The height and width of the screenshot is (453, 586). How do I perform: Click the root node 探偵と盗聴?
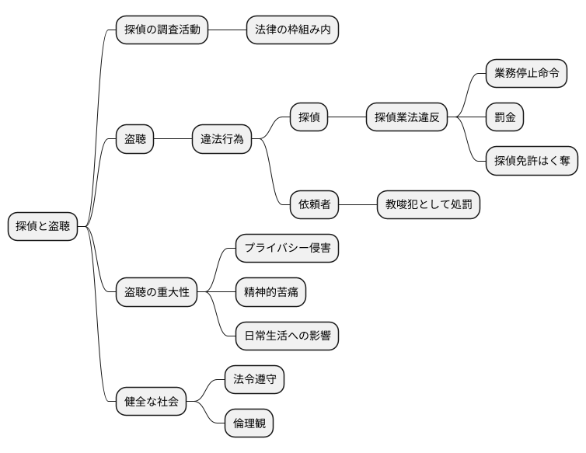[x=43, y=226]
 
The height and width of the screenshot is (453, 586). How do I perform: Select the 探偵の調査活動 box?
[x=162, y=30]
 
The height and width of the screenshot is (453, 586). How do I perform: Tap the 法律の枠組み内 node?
[x=292, y=30]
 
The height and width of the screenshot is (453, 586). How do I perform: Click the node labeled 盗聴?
[x=134, y=139]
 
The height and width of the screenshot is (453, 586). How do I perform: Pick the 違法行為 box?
[x=221, y=139]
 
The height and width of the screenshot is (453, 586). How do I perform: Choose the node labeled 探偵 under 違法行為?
[x=309, y=117]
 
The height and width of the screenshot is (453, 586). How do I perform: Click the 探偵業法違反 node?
[x=406, y=117]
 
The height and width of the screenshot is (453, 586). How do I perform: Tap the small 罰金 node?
[x=504, y=117]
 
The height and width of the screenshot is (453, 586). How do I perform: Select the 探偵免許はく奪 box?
[x=532, y=161]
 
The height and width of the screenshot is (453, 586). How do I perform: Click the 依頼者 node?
[x=314, y=204]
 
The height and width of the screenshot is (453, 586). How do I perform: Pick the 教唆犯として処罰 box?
[x=428, y=204]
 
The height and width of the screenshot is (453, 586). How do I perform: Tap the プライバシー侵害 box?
[x=287, y=249]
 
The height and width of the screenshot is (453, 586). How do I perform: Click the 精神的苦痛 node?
[x=270, y=292]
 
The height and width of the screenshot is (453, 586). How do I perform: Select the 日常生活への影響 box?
[x=287, y=336]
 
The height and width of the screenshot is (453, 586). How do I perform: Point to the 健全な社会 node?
[x=151, y=401]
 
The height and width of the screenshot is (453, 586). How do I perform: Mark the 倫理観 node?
[x=249, y=423]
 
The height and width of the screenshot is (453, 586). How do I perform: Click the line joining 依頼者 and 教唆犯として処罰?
[x=358, y=204]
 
